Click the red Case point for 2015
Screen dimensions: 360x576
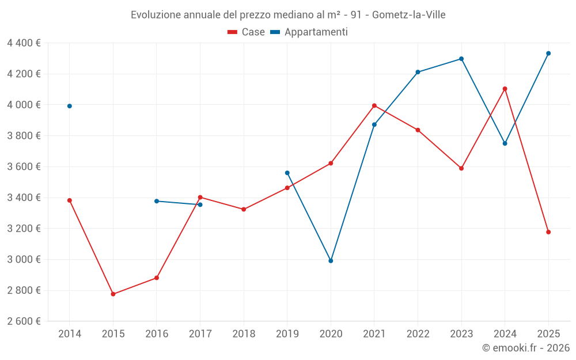(x=113, y=294)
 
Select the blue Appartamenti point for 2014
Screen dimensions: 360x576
(x=70, y=106)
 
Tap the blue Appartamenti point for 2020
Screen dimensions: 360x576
(x=331, y=261)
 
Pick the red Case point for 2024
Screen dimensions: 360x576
(x=505, y=89)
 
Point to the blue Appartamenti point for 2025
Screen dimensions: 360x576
(x=548, y=54)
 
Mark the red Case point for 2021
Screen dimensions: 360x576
(x=374, y=105)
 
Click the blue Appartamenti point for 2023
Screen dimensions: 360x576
(x=461, y=59)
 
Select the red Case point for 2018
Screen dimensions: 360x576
(x=244, y=209)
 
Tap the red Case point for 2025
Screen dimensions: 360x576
(x=548, y=232)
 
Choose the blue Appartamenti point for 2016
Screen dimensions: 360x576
(x=157, y=201)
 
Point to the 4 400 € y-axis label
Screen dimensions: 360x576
(x=24, y=43)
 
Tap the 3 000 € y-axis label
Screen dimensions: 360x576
(x=24, y=259)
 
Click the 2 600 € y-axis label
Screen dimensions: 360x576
(x=24, y=321)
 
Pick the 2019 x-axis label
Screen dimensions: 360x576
(x=287, y=334)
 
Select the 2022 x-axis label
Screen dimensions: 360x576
(x=418, y=334)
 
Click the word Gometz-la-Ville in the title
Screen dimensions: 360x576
(x=409, y=14)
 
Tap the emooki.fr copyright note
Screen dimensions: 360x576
(x=526, y=348)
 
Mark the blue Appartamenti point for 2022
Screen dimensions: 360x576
(x=418, y=72)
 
